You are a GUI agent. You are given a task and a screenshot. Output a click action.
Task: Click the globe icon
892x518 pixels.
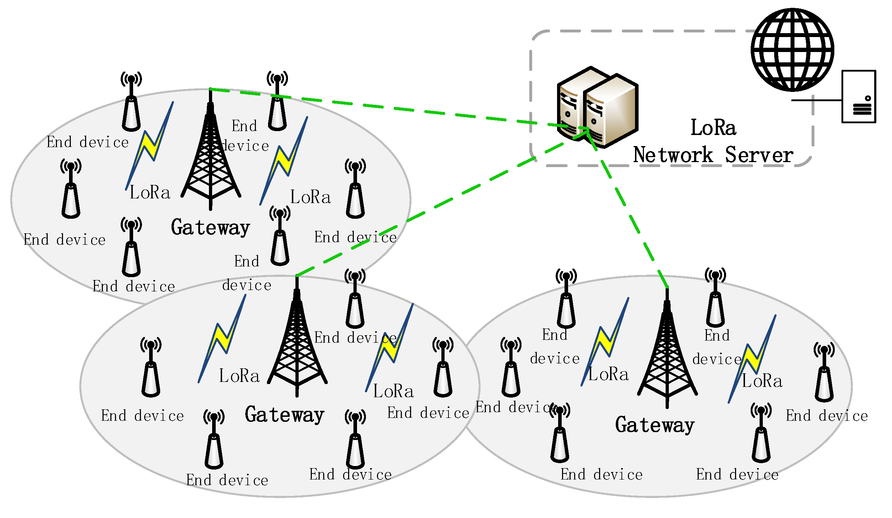pos(792,50)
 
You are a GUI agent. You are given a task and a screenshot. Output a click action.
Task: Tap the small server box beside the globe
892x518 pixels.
pos(858,97)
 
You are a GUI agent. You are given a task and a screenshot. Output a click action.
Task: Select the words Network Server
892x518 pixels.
pos(713,155)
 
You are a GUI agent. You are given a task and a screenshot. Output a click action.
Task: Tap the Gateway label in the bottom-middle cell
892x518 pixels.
pos(284,415)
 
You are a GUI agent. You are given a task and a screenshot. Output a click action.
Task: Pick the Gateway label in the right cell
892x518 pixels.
pos(655,425)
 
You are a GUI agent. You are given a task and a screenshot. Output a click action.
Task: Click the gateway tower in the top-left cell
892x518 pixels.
pos(211,157)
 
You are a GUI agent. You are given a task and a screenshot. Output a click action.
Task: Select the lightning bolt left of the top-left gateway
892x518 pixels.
pos(149,146)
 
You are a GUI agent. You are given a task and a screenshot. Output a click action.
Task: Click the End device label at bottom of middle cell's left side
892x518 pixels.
pos(227,480)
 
